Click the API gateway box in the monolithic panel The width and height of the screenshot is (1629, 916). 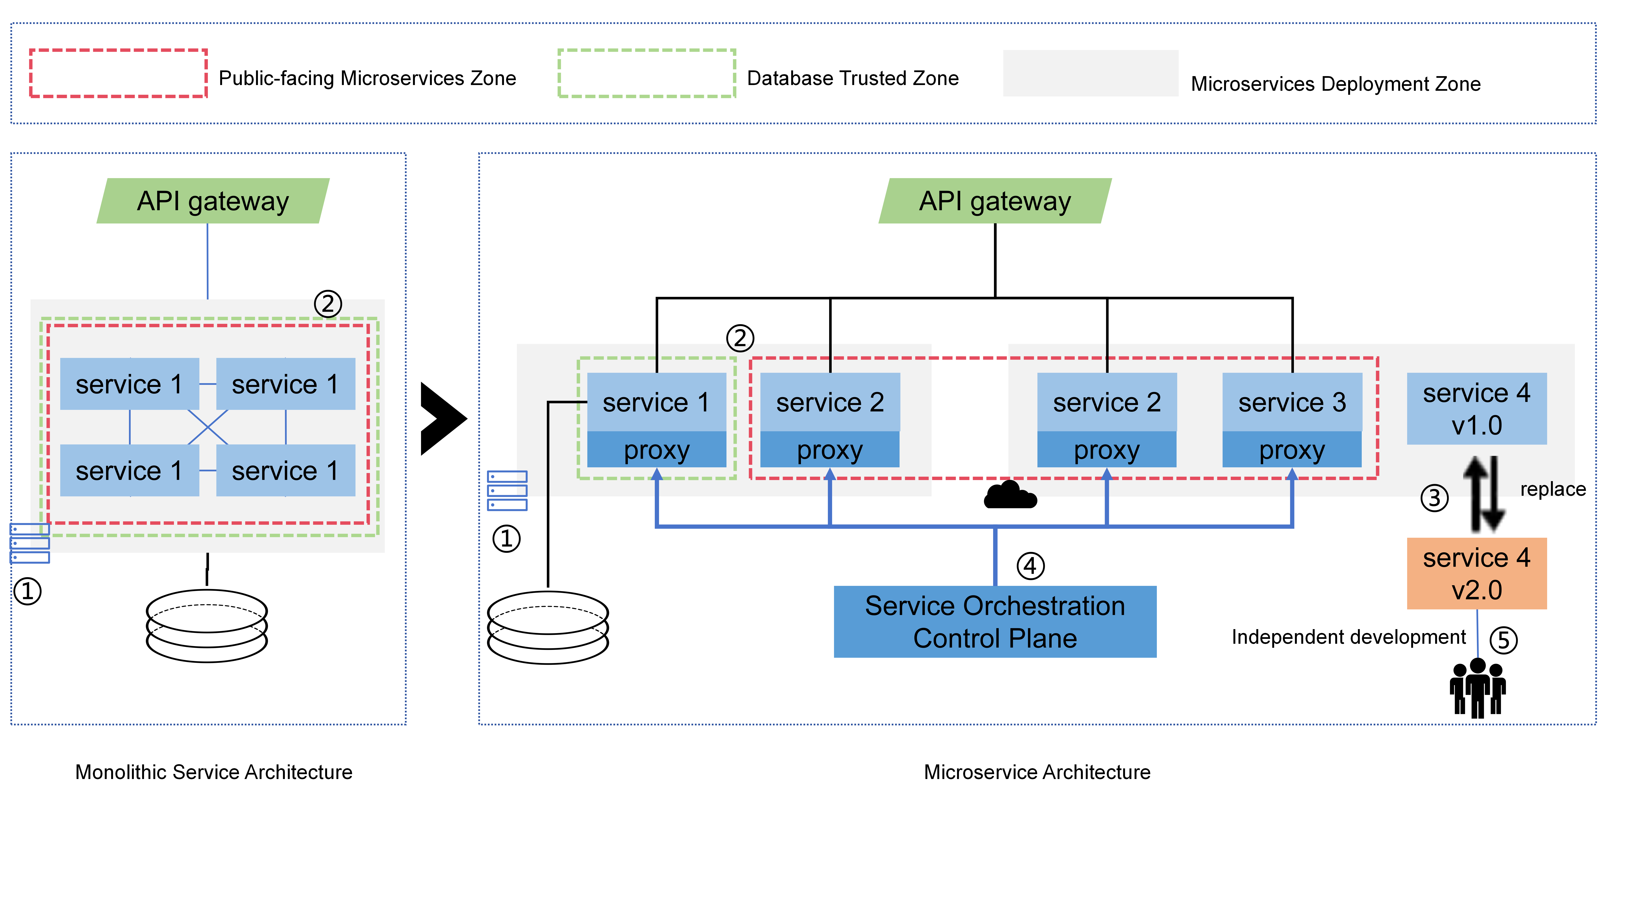tap(213, 201)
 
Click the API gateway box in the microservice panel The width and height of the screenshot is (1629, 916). tap(995, 201)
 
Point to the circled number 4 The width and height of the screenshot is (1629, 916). tap(1030, 566)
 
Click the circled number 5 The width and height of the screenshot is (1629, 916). tap(1503, 640)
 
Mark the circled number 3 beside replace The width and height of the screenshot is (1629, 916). tap(1434, 497)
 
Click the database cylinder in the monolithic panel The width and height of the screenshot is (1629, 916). tap(207, 626)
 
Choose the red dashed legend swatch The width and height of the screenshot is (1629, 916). tap(118, 73)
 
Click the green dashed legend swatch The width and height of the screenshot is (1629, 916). tap(646, 73)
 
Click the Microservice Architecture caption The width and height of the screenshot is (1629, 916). tap(1036, 772)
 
